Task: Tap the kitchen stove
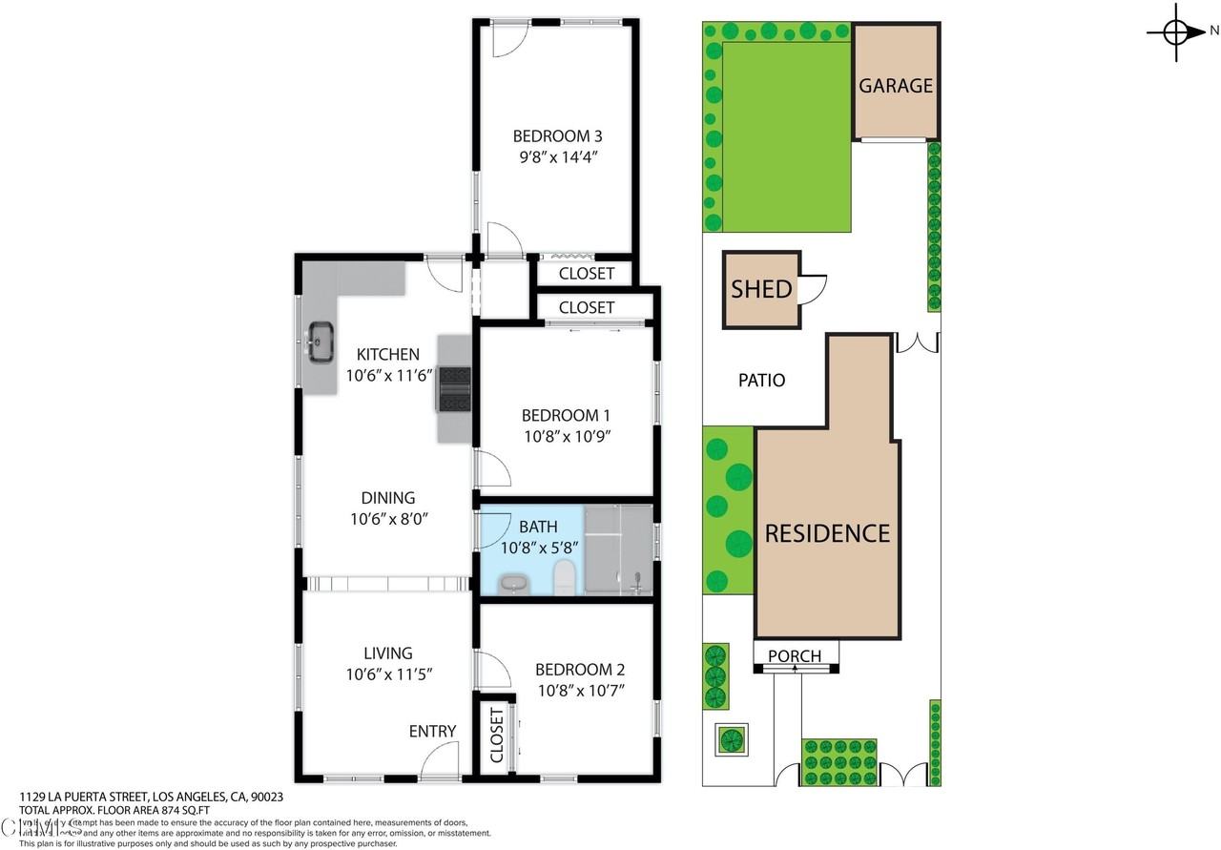[x=454, y=389]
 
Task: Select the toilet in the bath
[x=565, y=577]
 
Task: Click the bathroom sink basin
[x=513, y=584]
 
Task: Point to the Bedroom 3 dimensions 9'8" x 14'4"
[x=557, y=155]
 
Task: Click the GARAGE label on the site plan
[x=896, y=86]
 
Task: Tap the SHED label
[x=761, y=289]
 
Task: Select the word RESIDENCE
[x=827, y=533]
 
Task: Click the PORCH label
[x=795, y=656]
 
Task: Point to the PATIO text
[x=762, y=381]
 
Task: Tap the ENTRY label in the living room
[x=432, y=732]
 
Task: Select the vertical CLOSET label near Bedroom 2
[x=496, y=736]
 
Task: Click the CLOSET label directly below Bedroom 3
[x=586, y=275]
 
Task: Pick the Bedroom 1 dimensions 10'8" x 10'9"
[x=566, y=437]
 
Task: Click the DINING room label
[x=387, y=498]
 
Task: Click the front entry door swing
[x=440, y=762]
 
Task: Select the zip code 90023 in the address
[x=266, y=797]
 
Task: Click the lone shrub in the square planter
[x=731, y=739]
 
